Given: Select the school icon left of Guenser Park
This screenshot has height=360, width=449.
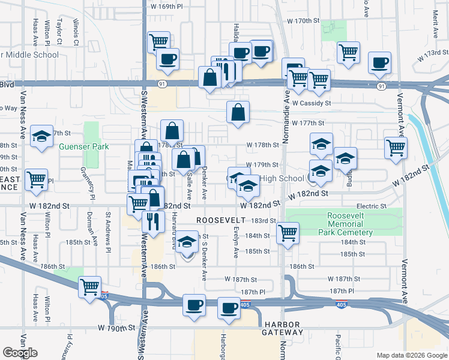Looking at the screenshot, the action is coord(42,137).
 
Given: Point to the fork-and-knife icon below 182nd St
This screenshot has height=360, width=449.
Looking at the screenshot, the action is coord(153,221).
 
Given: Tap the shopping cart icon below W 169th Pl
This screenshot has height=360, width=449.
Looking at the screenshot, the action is coord(158,42).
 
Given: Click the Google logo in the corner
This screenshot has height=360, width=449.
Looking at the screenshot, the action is coord(20,353).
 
